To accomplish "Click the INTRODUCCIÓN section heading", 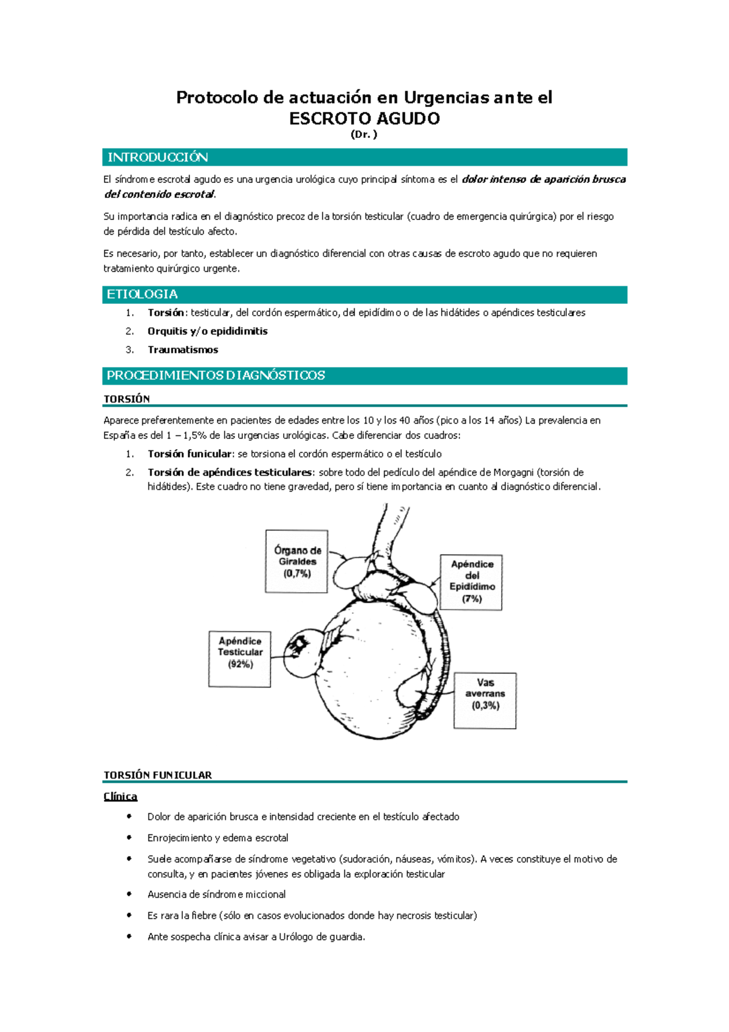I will point(158,157).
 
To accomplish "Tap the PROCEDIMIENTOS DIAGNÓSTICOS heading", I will point(216,376).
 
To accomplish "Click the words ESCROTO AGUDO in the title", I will point(364,119).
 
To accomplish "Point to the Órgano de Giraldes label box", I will point(296,561).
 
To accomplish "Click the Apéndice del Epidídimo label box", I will point(471,582).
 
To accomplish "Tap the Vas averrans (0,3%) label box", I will point(485,700).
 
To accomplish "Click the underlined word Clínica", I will point(120,797).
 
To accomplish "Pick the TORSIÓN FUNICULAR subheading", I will point(158,775).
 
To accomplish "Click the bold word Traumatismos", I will point(183,350).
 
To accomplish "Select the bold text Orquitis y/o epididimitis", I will point(207,331).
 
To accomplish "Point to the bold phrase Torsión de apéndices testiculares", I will point(230,472).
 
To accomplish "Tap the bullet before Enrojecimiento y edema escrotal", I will point(129,838).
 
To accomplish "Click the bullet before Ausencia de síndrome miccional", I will point(129,894).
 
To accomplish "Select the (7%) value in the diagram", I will point(471,599).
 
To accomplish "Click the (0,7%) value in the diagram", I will point(297,573).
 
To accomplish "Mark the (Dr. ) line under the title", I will point(364,135).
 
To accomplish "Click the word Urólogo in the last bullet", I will point(296,937).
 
